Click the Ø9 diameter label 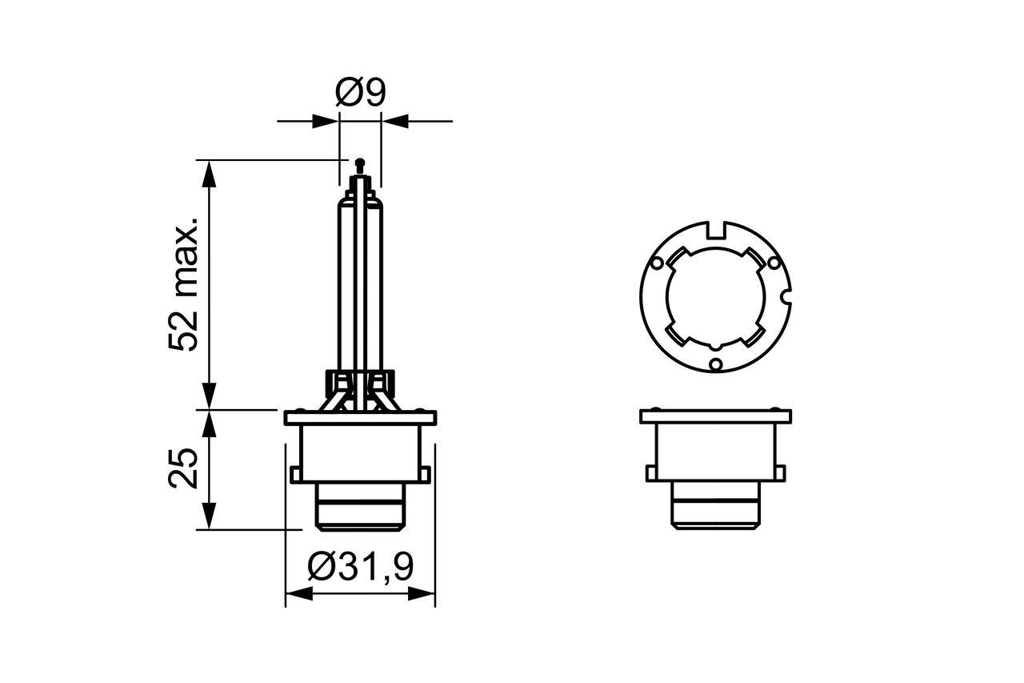[360, 94]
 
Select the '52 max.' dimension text [183, 283]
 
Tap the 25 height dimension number [183, 468]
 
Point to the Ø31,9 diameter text [360, 567]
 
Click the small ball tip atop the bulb [359, 162]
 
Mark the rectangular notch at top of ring [717, 230]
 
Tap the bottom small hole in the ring [716, 366]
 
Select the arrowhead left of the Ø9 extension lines [325, 122]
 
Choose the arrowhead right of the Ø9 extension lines [395, 122]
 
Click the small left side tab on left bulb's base [294, 473]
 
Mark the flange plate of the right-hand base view [714, 416]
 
